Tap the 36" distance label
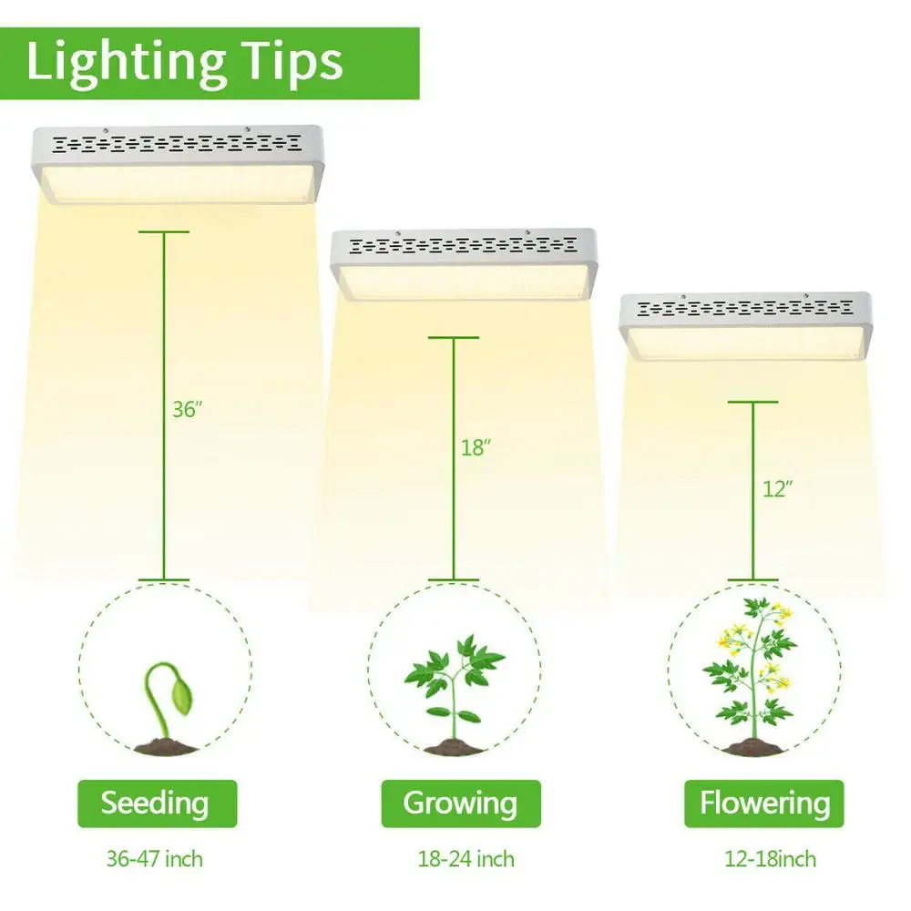click(186, 409)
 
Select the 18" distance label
click(476, 447)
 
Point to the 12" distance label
click(777, 488)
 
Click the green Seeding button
click(155, 804)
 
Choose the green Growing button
click(460, 804)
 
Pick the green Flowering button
click(764, 804)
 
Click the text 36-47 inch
click(156, 858)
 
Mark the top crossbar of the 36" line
click(164, 232)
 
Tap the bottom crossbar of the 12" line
click(753, 578)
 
